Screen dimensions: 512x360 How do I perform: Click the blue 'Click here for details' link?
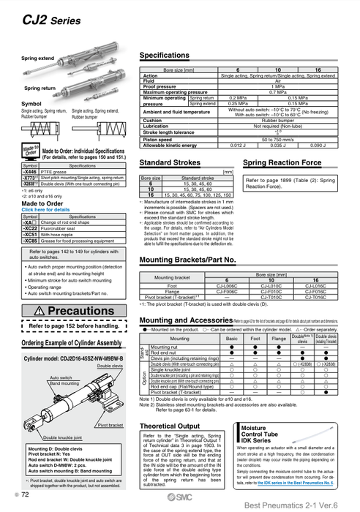pyautogui.click(x=45, y=209)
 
